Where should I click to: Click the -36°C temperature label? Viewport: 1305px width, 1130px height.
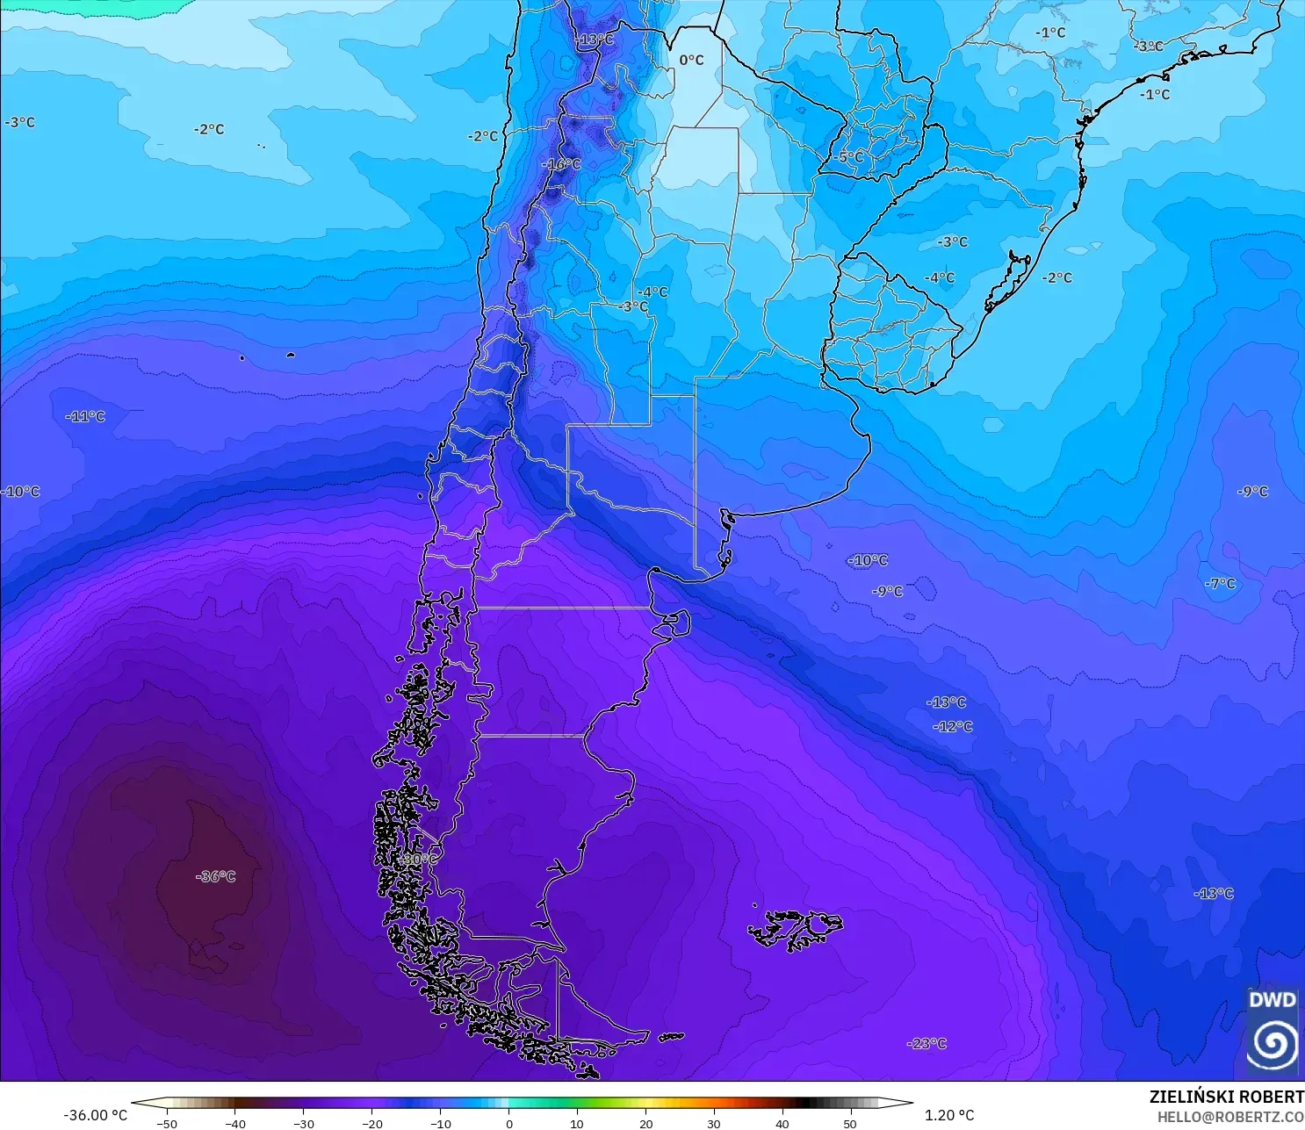[x=215, y=876]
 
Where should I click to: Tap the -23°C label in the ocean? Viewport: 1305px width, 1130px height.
[x=926, y=1044]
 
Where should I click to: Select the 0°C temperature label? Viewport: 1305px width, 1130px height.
[x=691, y=60]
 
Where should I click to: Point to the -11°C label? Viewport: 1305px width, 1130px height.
[x=85, y=416]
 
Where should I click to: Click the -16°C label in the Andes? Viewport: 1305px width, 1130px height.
[x=561, y=164]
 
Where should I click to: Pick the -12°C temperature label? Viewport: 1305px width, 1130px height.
[x=953, y=726]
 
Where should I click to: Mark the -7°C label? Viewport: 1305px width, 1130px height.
[x=1220, y=583]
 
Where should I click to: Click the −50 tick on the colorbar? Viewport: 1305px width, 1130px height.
[x=166, y=1123]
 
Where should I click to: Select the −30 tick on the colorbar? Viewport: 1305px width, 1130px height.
[x=303, y=1123]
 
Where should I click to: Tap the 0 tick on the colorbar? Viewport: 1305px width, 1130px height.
[x=508, y=1123]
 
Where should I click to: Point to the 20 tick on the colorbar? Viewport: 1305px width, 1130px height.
[x=645, y=1123]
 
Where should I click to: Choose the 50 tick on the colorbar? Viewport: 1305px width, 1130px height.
[x=850, y=1123]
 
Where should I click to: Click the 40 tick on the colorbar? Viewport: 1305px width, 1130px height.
[x=782, y=1123]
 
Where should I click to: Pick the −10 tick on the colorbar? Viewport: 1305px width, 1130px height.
[x=440, y=1123]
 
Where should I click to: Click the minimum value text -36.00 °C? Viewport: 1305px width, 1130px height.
[x=95, y=1115]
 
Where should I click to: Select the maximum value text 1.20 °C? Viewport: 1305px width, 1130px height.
[x=949, y=1115]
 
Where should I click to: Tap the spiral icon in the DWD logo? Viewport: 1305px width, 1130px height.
[x=1273, y=1043]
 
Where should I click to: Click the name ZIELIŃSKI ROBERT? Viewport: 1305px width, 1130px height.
[x=1226, y=1097]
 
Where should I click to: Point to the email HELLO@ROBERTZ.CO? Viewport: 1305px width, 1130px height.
[x=1229, y=1117]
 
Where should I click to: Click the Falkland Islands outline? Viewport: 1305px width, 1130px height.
[x=795, y=929]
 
